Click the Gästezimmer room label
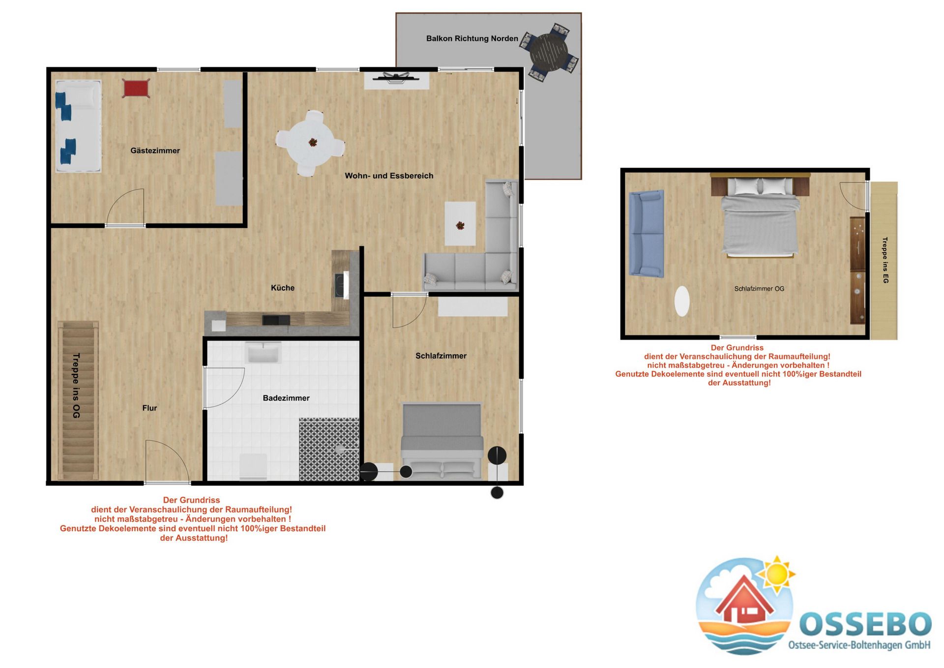click(x=155, y=151)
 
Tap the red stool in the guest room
click(x=136, y=89)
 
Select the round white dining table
click(x=311, y=143)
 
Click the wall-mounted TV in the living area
click(x=396, y=77)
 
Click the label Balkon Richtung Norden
click(x=472, y=38)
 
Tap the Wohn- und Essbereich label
click(x=389, y=176)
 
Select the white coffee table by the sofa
click(x=460, y=223)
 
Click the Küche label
click(x=283, y=288)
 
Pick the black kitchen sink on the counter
click(x=276, y=320)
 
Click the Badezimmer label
click(x=286, y=398)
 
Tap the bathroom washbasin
click(x=263, y=353)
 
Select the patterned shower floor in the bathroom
click(x=329, y=449)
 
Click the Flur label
click(x=149, y=408)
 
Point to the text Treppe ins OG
click(x=76, y=386)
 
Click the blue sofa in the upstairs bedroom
click(x=646, y=234)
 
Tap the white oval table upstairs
click(x=682, y=301)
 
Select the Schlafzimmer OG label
click(x=759, y=289)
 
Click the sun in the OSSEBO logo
click(x=777, y=574)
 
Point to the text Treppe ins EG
click(x=885, y=260)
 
